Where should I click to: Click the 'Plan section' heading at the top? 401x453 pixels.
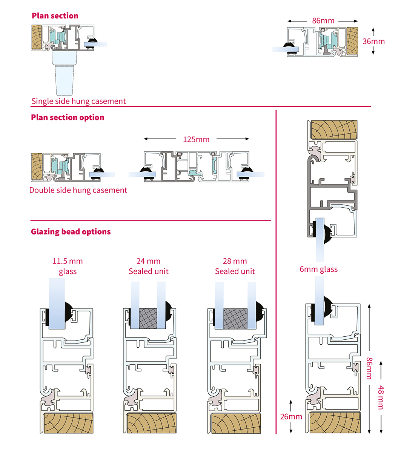(x=55, y=16)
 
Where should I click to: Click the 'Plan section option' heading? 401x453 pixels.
(x=68, y=117)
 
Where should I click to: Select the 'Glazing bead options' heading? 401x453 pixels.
(x=71, y=232)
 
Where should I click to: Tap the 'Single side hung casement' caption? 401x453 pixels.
(x=78, y=101)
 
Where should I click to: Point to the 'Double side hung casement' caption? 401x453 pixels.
(x=78, y=190)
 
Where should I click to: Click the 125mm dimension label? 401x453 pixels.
(x=196, y=139)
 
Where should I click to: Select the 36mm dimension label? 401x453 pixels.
(x=373, y=41)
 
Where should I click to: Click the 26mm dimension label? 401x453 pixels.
(x=291, y=417)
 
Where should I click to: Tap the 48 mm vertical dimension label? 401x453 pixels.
(x=381, y=397)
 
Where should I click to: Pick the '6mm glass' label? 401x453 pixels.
(x=319, y=269)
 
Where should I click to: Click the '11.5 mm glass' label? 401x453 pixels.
(x=68, y=266)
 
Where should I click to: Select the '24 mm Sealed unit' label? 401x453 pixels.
(x=149, y=266)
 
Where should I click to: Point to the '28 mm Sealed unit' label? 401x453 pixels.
(x=235, y=266)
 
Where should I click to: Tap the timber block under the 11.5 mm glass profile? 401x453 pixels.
(x=68, y=423)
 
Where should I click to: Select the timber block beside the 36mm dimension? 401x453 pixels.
(x=352, y=41)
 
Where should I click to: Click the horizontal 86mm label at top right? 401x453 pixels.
(x=323, y=21)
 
